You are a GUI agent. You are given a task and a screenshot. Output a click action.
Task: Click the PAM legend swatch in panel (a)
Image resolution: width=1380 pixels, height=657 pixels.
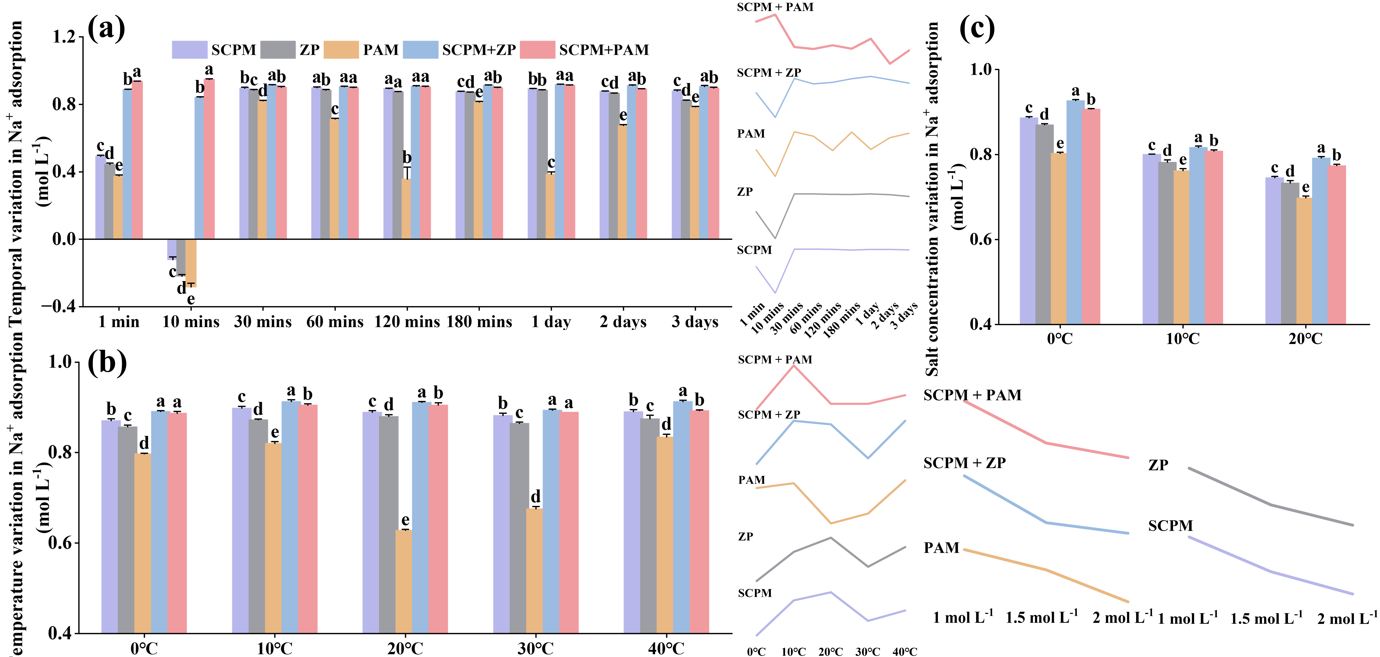coord(342,50)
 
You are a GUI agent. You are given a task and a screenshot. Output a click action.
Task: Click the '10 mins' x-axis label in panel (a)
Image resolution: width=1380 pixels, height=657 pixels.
coord(191,322)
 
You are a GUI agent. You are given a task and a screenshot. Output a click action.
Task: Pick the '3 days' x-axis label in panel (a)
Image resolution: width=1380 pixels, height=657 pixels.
coord(695,322)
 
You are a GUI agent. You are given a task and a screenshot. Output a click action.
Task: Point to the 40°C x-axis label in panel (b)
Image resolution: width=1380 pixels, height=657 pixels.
coord(666,648)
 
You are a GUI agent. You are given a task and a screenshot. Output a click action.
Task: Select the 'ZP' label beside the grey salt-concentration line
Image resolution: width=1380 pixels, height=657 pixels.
coord(1158,465)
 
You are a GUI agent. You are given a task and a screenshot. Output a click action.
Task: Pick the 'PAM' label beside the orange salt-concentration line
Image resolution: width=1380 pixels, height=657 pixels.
coord(941,548)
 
